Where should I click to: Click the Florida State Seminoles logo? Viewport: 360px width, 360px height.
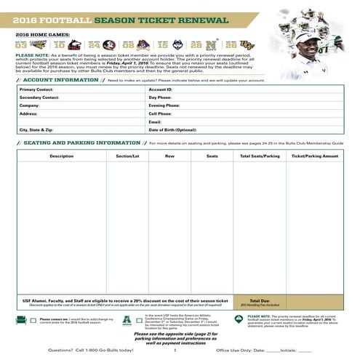(x=109, y=44)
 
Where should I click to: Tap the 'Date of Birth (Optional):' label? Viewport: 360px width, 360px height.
(x=173, y=129)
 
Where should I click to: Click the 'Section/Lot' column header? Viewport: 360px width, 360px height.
(x=127, y=156)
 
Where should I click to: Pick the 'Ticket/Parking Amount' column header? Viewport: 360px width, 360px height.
(x=314, y=156)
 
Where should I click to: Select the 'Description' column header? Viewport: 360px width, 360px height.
(x=61, y=156)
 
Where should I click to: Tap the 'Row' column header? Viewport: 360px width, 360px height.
(x=169, y=156)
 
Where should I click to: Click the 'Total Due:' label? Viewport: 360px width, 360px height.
(x=260, y=300)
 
